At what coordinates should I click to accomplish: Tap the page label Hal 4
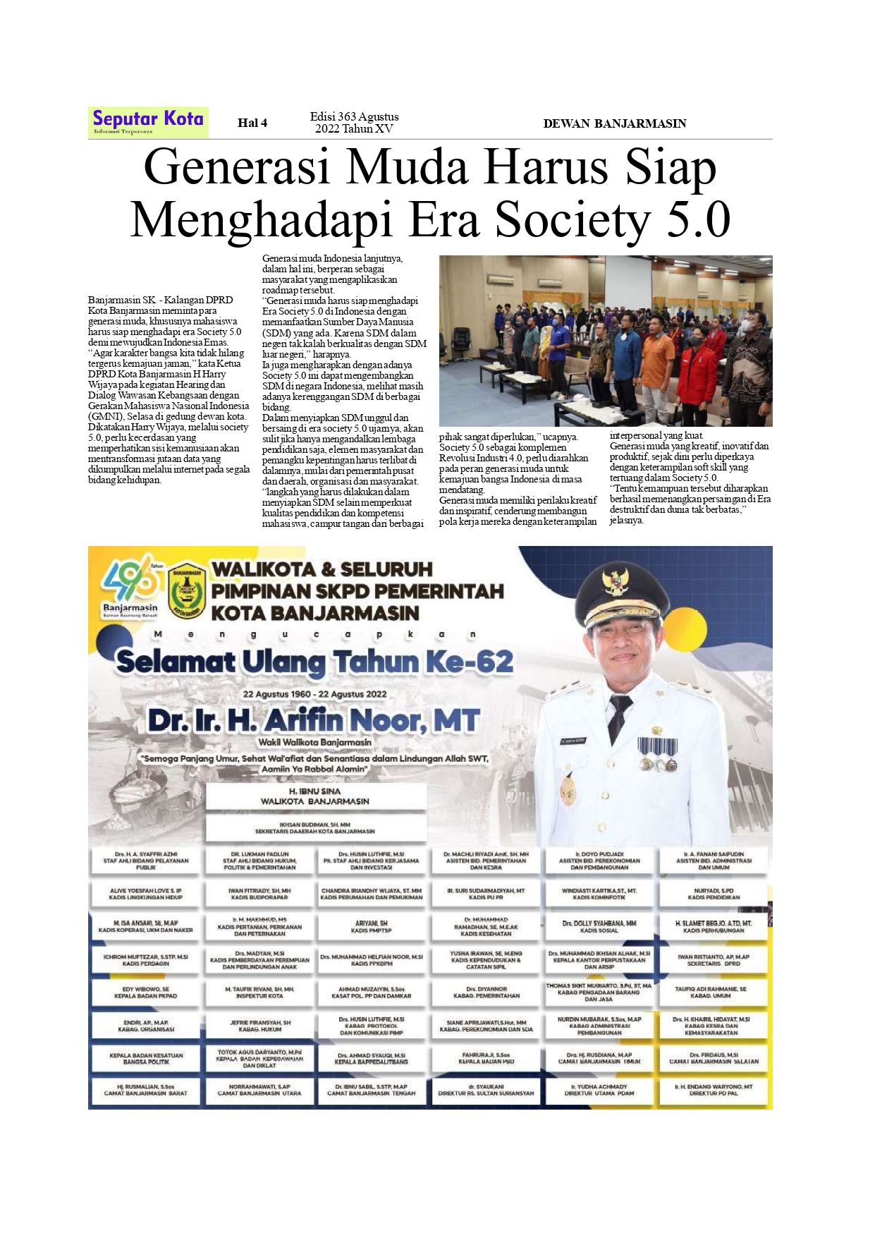click(252, 123)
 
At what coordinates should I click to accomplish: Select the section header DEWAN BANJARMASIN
click(614, 123)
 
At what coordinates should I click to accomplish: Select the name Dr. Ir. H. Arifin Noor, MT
click(313, 720)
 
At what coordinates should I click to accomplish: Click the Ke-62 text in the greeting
click(469, 662)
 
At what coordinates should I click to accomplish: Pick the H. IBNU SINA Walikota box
click(314, 796)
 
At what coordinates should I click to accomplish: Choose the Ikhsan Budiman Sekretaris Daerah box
click(314, 827)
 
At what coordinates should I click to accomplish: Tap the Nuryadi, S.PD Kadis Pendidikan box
click(713, 894)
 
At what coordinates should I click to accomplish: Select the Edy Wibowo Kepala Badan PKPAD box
click(145, 993)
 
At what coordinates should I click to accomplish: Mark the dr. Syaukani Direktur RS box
click(486, 1090)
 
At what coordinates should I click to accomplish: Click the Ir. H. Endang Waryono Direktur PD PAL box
click(713, 1090)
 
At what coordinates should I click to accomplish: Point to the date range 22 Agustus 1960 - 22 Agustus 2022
click(314, 694)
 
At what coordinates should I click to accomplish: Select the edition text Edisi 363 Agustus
click(354, 117)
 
